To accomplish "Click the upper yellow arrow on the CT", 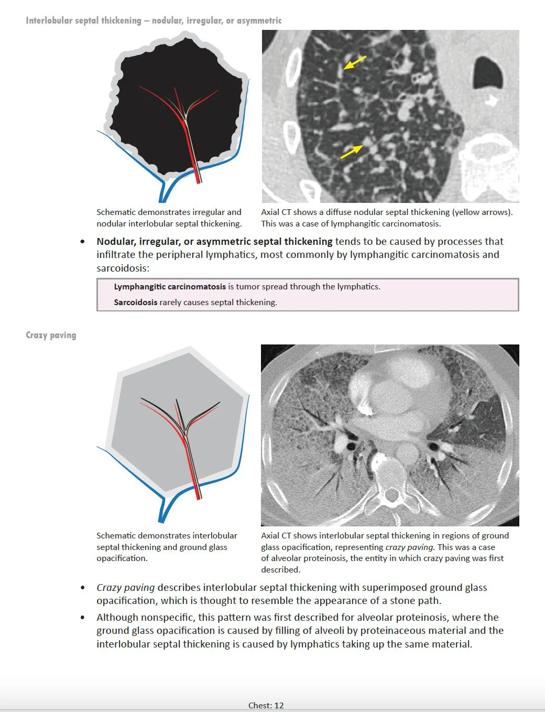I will click(355, 62).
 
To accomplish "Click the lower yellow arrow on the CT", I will click(351, 152).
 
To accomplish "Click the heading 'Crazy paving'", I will click(51, 335).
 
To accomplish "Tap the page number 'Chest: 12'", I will click(266, 705).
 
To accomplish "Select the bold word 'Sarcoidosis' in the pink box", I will click(135, 302).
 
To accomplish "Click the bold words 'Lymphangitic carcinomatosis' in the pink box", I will click(170, 287).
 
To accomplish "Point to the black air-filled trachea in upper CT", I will click(487, 72).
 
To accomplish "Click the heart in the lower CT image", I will click(398, 388).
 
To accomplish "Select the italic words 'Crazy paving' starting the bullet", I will click(126, 588).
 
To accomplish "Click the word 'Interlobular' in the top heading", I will click(49, 20).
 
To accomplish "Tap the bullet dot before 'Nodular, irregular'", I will click(83, 242).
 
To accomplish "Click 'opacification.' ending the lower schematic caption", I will click(122, 558).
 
